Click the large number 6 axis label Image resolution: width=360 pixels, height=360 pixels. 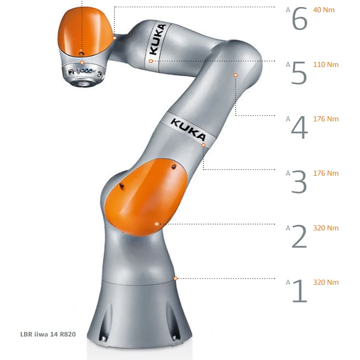tap(300, 18)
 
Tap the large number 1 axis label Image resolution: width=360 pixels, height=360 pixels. tap(300, 290)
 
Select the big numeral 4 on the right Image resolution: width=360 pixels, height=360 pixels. tap(300, 127)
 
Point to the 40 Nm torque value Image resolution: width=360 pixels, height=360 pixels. tap(324, 10)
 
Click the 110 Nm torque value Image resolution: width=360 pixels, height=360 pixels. tap(326, 64)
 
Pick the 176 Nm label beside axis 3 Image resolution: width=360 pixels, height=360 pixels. tap(326, 173)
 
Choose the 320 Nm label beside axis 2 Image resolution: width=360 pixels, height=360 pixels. tap(326, 228)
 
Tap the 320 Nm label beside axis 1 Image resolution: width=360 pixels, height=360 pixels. tap(326, 282)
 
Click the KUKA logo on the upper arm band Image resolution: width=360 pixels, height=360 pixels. tap(158, 39)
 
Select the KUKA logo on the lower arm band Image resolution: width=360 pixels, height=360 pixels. tap(188, 130)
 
